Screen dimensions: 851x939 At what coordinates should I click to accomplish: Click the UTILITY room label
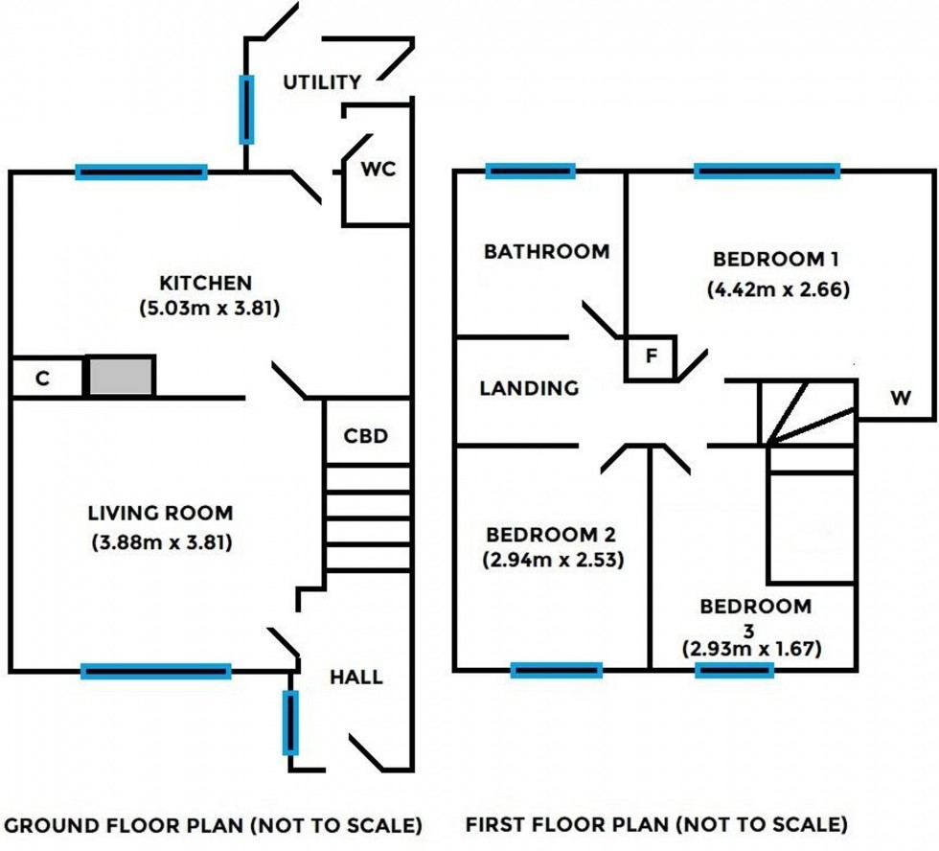[322, 82]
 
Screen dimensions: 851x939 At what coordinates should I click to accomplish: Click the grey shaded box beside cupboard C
[122, 376]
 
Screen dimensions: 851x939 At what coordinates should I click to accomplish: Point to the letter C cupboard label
[42, 379]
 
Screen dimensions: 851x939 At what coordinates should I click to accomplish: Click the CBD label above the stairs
[366, 436]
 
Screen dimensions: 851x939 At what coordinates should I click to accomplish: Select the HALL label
[356, 678]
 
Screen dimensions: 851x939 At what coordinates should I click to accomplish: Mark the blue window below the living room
[156, 672]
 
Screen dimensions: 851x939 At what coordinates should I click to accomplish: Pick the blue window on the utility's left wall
[246, 108]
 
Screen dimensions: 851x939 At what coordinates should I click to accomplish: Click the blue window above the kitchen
[141, 172]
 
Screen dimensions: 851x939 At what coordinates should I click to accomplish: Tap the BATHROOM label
[546, 252]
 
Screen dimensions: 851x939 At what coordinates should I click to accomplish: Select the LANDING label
[529, 388]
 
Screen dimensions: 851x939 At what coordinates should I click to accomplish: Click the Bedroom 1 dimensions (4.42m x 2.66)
[778, 288]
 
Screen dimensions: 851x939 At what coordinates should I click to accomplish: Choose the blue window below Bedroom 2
[557, 670]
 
